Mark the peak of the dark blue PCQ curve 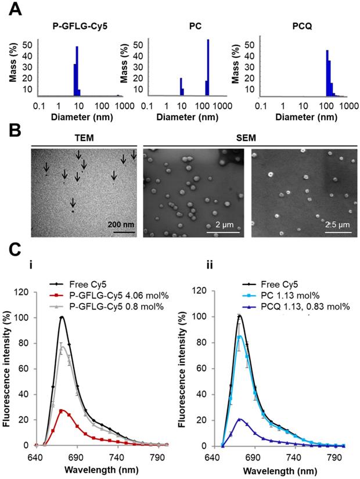pos(240,418)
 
